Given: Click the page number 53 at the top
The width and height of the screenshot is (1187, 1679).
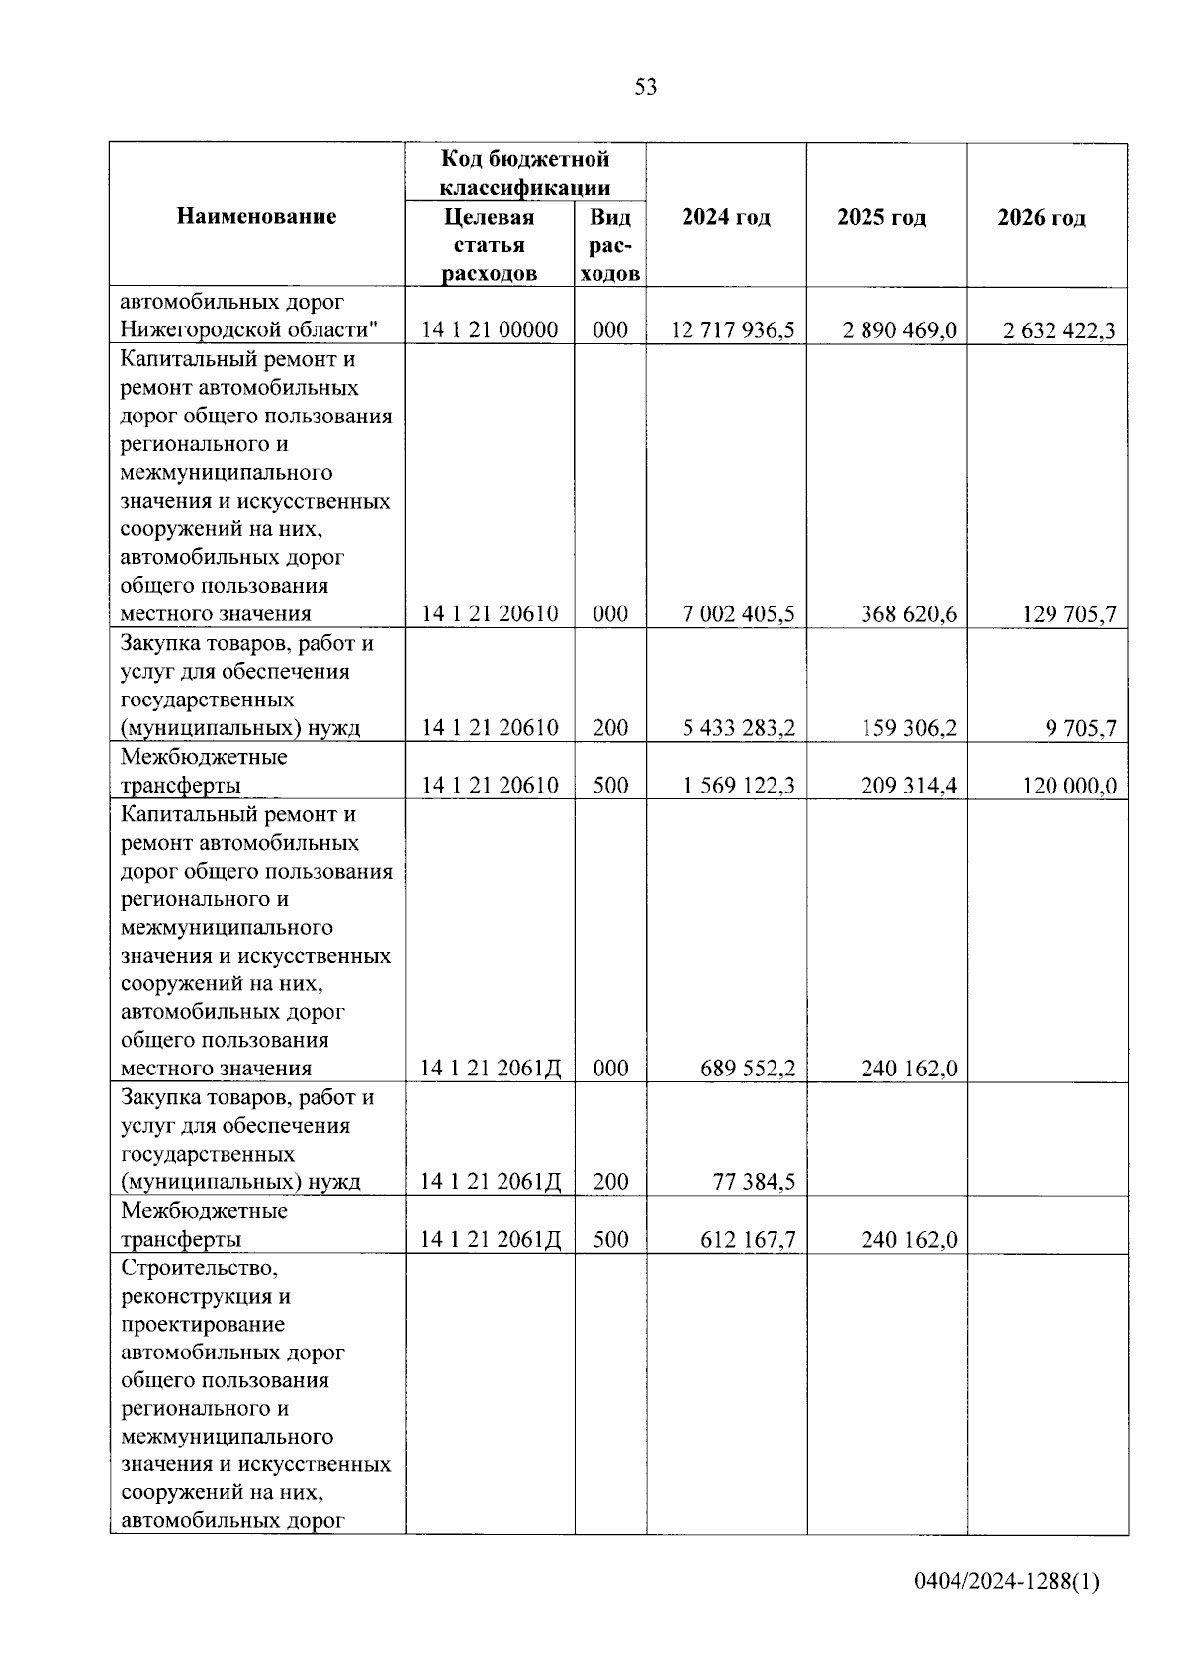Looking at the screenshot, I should point(645,87).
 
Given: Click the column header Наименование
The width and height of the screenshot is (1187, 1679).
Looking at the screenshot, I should point(256,216).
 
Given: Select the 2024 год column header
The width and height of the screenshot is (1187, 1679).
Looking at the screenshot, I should point(726,217).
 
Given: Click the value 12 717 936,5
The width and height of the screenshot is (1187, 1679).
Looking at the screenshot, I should point(732,330).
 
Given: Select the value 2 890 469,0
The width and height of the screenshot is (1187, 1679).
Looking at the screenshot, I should point(899,330).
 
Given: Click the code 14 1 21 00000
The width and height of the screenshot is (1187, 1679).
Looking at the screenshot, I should point(490,330).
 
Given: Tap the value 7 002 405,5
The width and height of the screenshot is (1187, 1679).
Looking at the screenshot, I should point(738,614).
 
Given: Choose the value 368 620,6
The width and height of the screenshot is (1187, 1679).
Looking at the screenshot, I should point(908,614).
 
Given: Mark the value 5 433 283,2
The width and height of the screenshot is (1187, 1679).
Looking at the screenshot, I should point(738,728).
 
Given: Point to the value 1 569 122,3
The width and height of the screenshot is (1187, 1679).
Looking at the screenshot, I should point(738,786).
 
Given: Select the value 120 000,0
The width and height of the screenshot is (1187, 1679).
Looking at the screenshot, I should point(1068,787).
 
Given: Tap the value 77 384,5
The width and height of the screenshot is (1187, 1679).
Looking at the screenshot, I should point(754,1182).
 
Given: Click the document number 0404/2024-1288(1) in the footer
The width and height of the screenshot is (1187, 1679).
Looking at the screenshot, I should point(1006,1610).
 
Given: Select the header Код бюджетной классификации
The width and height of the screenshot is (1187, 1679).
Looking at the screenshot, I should point(524,173).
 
